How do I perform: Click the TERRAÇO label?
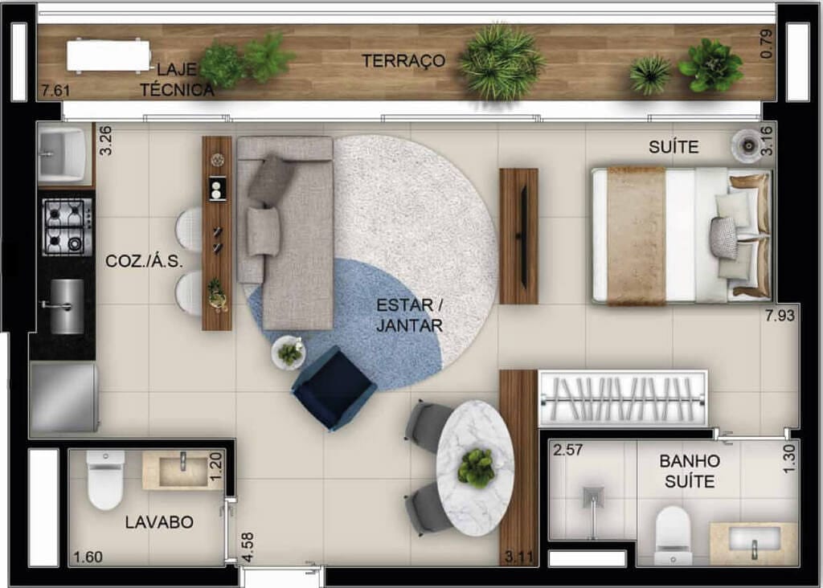coord(403,61)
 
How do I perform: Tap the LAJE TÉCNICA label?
coord(178,80)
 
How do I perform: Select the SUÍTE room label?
coord(674,147)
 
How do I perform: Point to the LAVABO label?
coord(159,522)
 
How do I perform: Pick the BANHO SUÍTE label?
coord(689,472)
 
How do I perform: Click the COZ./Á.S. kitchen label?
coord(145,261)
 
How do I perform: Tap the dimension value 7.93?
coord(780,316)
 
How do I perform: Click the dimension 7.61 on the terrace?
coord(54,91)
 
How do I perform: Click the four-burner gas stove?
coord(67,227)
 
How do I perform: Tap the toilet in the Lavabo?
coord(105,482)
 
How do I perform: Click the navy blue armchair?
coord(334,388)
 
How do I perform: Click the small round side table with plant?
coord(289,353)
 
